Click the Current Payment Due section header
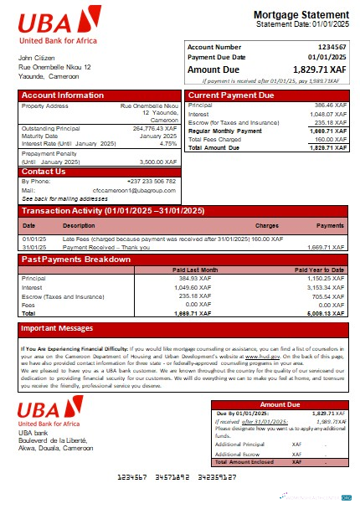231,95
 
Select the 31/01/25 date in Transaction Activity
33,247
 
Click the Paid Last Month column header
195,270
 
